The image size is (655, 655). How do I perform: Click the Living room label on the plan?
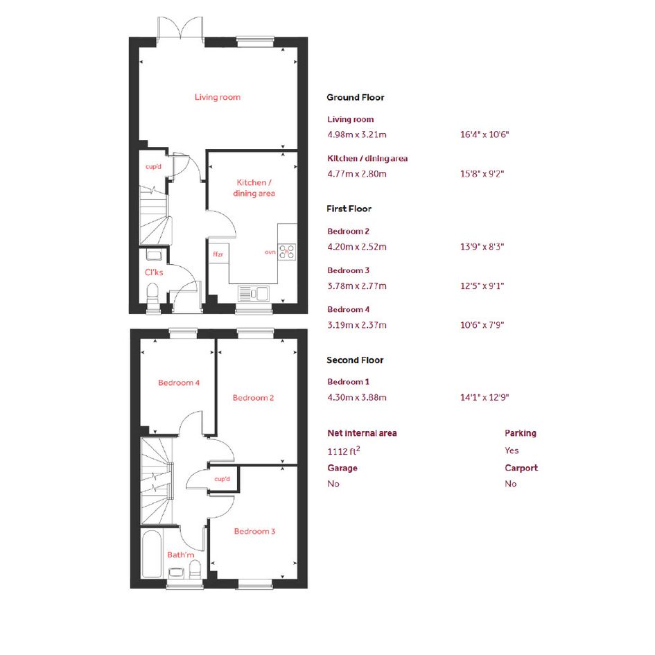click(x=217, y=97)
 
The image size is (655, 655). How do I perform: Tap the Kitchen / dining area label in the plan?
click(x=254, y=188)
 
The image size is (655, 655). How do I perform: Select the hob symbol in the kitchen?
click(x=287, y=252)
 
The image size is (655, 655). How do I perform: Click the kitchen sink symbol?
click(x=254, y=292)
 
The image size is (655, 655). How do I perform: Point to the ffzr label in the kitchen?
click(x=218, y=254)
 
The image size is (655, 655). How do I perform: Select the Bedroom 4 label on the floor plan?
click(x=179, y=383)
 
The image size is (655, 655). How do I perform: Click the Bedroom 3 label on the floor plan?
click(x=254, y=532)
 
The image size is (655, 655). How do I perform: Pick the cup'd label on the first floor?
click(x=222, y=479)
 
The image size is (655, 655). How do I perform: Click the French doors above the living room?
click(x=180, y=28)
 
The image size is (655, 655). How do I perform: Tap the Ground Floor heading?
click(x=356, y=97)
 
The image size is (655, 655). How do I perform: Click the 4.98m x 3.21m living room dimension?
click(x=357, y=134)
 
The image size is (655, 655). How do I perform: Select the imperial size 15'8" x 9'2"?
click(x=482, y=174)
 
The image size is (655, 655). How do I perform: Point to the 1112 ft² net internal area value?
click(x=344, y=451)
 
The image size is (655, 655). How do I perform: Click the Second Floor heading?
click(x=355, y=360)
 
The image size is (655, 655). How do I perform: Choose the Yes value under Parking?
click(x=512, y=451)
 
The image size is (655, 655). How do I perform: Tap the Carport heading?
click(x=521, y=468)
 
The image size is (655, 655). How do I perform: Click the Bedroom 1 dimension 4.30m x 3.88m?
click(x=357, y=397)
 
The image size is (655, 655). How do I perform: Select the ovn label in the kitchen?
click(x=270, y=252)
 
